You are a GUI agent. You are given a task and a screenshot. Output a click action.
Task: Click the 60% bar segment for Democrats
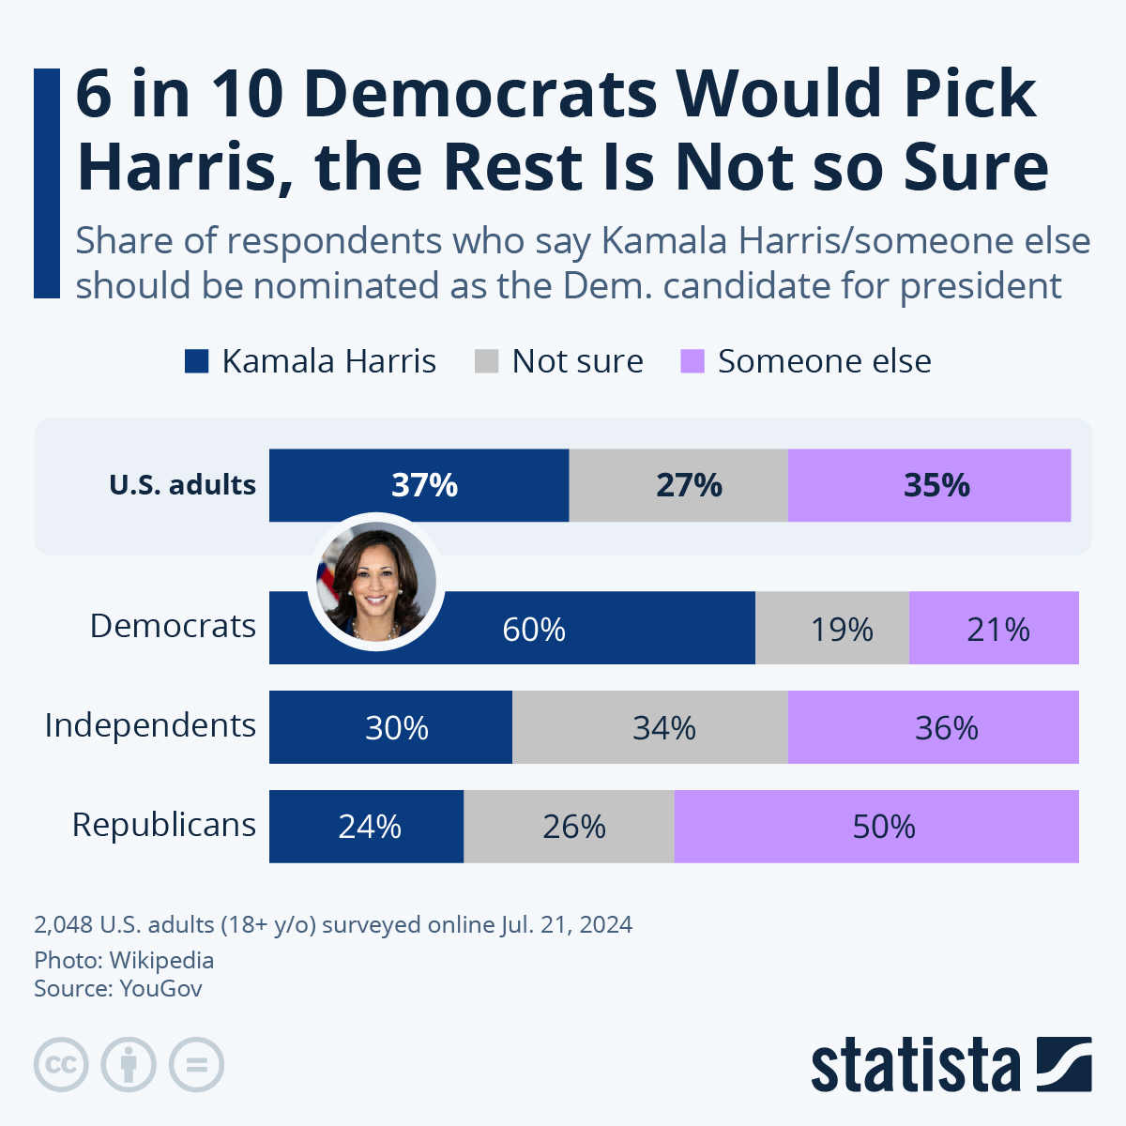[x=563, y=629]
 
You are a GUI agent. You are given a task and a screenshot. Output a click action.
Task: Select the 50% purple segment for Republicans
[x=876, y=827]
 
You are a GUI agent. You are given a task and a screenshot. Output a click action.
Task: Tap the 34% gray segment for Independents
[x=650, y=728]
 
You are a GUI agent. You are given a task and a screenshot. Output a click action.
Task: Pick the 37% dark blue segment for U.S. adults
[x=419, y=485]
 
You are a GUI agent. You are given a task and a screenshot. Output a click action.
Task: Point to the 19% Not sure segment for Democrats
[x=832, y=629]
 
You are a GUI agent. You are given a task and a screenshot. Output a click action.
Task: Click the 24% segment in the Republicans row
[x=367, y=827]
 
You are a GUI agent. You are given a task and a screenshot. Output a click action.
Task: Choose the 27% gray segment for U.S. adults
[x=678, y=485]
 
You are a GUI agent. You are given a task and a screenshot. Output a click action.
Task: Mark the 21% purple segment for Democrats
[x=994, y=629]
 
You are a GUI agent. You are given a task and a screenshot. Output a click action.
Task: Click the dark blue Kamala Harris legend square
[x=196, y=361]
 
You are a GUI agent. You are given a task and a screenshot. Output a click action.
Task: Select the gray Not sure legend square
[x=486, y=361]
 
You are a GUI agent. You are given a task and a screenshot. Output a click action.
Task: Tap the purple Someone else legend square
[x=692, y=361]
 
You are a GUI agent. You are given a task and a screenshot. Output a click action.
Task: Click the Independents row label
[x=150, y=725]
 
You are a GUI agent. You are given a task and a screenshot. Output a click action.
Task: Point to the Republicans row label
[x=164, y=825]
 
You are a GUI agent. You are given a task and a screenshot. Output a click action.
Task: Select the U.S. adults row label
[x=182, y=485]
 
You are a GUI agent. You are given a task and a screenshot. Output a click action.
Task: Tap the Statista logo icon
[x=1064, y=1064]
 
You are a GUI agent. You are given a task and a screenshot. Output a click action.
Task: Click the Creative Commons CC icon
[x=61, y=1065]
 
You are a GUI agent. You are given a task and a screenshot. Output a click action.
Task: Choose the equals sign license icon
[x=197, y=1065]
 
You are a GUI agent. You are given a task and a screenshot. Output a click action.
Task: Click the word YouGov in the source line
[x=160, y=988]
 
